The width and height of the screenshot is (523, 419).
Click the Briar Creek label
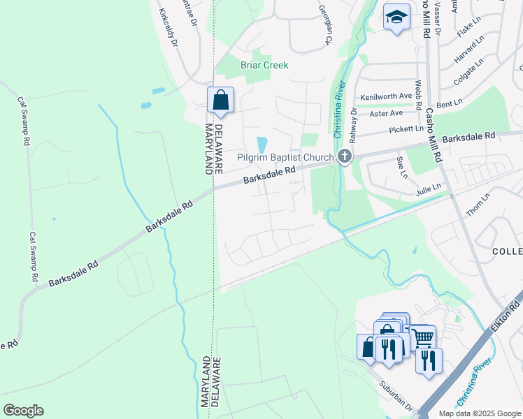point(264,65)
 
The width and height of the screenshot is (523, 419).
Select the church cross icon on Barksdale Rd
point(344,156)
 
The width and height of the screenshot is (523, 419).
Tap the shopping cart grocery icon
point(422,338)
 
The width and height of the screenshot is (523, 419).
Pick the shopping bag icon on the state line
point(220,101)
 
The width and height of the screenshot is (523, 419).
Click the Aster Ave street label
point(387,112)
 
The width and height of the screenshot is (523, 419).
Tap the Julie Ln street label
point(427,187)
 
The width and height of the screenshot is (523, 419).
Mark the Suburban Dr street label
point(396,395)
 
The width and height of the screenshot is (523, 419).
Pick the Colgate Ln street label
point(468,71)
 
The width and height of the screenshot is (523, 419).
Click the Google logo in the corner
point(23,411)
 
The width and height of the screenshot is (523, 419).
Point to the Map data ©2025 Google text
point(479,413)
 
